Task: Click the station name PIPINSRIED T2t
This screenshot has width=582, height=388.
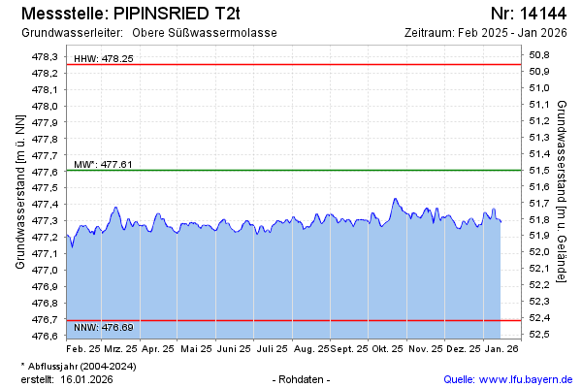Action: click(x=176, y=14)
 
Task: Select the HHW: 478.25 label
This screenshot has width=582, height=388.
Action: click(x=104, y=59)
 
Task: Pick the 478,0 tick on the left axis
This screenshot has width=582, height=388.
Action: click(x=46, y=106)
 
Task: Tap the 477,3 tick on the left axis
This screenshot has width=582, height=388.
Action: click(x=46, y=221)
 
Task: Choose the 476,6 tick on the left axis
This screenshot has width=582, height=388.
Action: click(x=46, y=336)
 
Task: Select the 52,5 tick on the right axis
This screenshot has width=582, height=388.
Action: click(x=540, y=335)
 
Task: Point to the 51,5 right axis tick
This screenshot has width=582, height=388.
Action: click(x=540, y=170)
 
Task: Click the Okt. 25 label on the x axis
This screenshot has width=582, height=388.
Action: click(x=387, y=347)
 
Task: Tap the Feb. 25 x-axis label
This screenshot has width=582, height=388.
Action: click(x=83, y=347)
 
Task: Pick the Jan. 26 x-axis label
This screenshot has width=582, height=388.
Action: click(x=501, y=347)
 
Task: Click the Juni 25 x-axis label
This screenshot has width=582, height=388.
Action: click(x=235, y=347)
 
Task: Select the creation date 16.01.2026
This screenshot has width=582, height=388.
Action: click(x=87, y=378)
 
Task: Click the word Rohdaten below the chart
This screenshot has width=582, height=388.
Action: click(x=303, y=378)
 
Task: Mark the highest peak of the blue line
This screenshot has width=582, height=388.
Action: click(x=395, y=199)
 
